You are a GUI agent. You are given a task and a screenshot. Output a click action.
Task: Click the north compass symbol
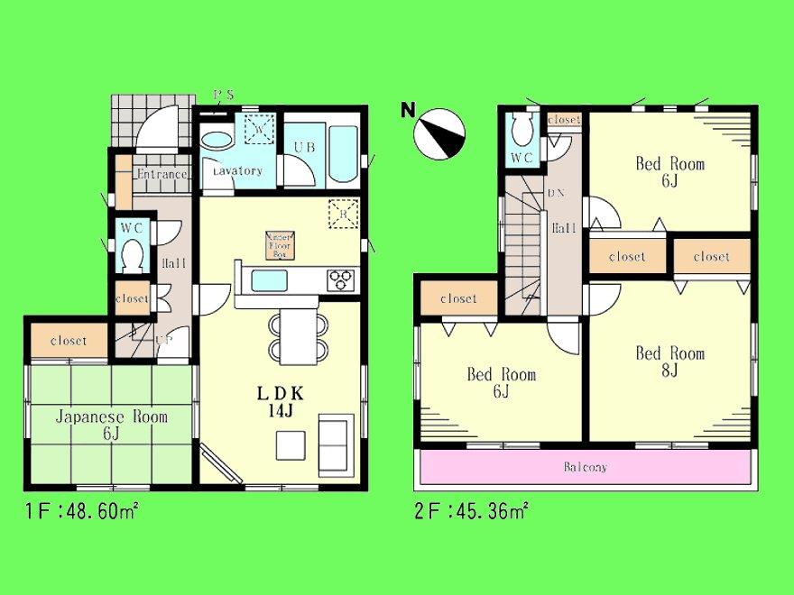pos(439,132)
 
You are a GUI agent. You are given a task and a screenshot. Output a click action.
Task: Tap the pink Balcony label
pos(586,468)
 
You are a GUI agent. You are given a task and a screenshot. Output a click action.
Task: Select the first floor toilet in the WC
pos(133,255)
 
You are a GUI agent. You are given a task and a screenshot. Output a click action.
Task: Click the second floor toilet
pos(521,132)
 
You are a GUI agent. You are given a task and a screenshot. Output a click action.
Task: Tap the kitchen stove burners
pos(342,280)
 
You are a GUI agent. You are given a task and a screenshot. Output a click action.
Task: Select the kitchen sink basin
pos(269,280)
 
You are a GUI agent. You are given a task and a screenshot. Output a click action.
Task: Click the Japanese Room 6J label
pos(111,426)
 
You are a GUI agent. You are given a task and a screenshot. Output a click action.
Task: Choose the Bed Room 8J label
pos(669,362)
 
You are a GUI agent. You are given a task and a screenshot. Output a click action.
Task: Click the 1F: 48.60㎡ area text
pos(80,512)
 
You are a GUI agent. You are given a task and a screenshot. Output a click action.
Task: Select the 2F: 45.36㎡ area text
pos(472,512)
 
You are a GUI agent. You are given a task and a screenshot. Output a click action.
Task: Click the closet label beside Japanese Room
pos(69,341)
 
